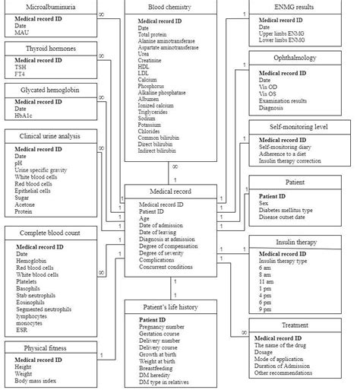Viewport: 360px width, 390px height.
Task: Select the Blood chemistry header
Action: [169, 7]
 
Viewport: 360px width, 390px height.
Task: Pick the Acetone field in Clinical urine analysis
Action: [27, 205]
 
